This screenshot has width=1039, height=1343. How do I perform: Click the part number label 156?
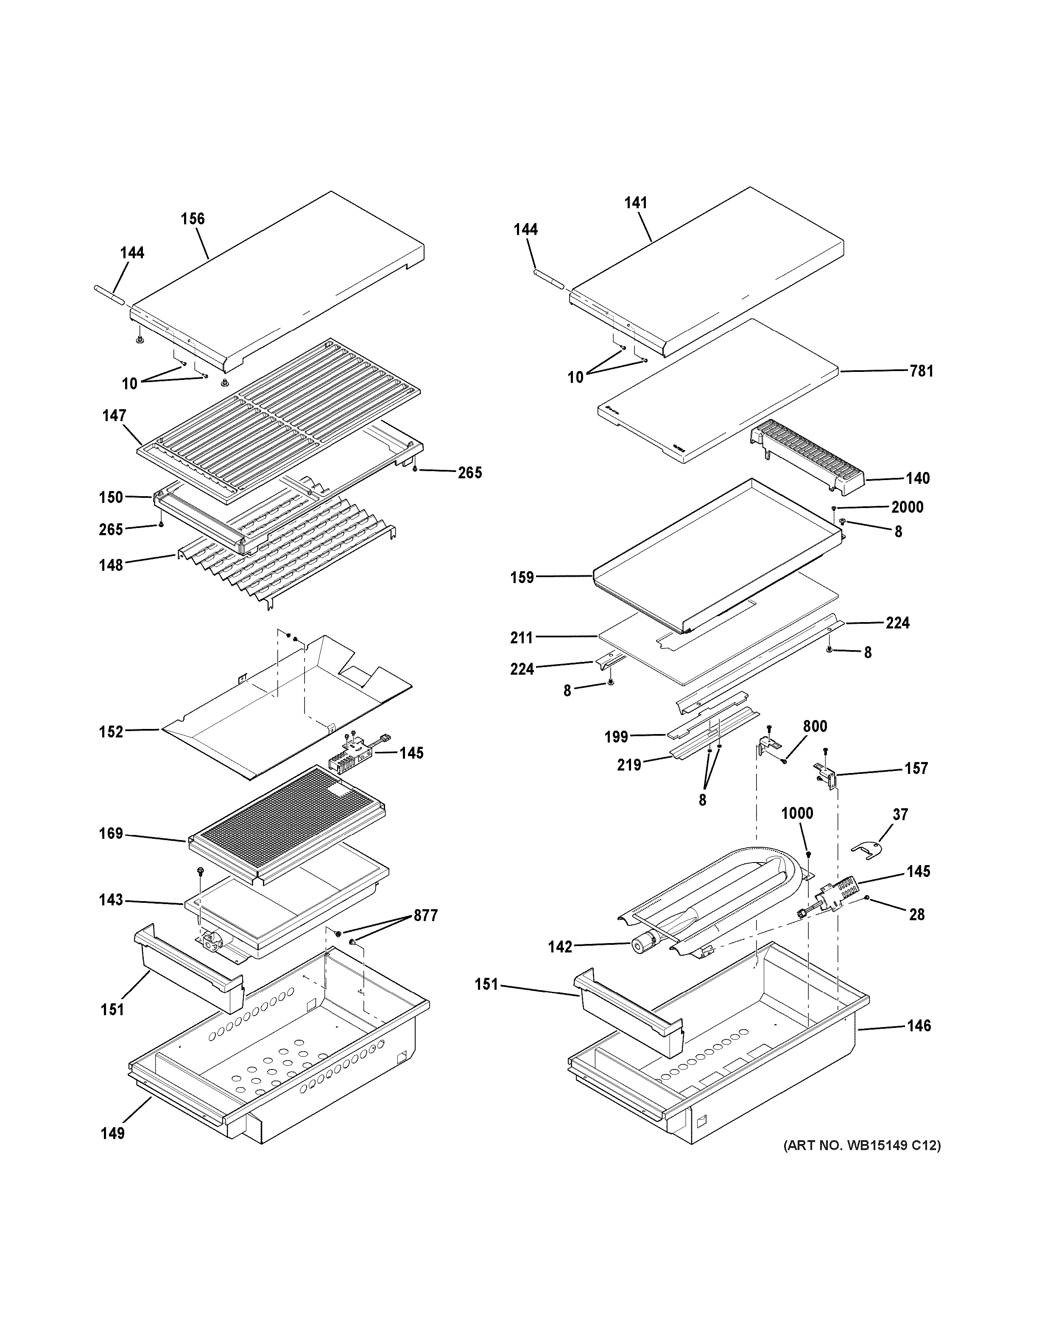(193, 219)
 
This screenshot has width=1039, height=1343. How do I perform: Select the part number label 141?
(636, 203)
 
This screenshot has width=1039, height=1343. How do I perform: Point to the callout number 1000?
(797, 813)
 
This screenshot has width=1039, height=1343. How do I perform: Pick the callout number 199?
(616, 737)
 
